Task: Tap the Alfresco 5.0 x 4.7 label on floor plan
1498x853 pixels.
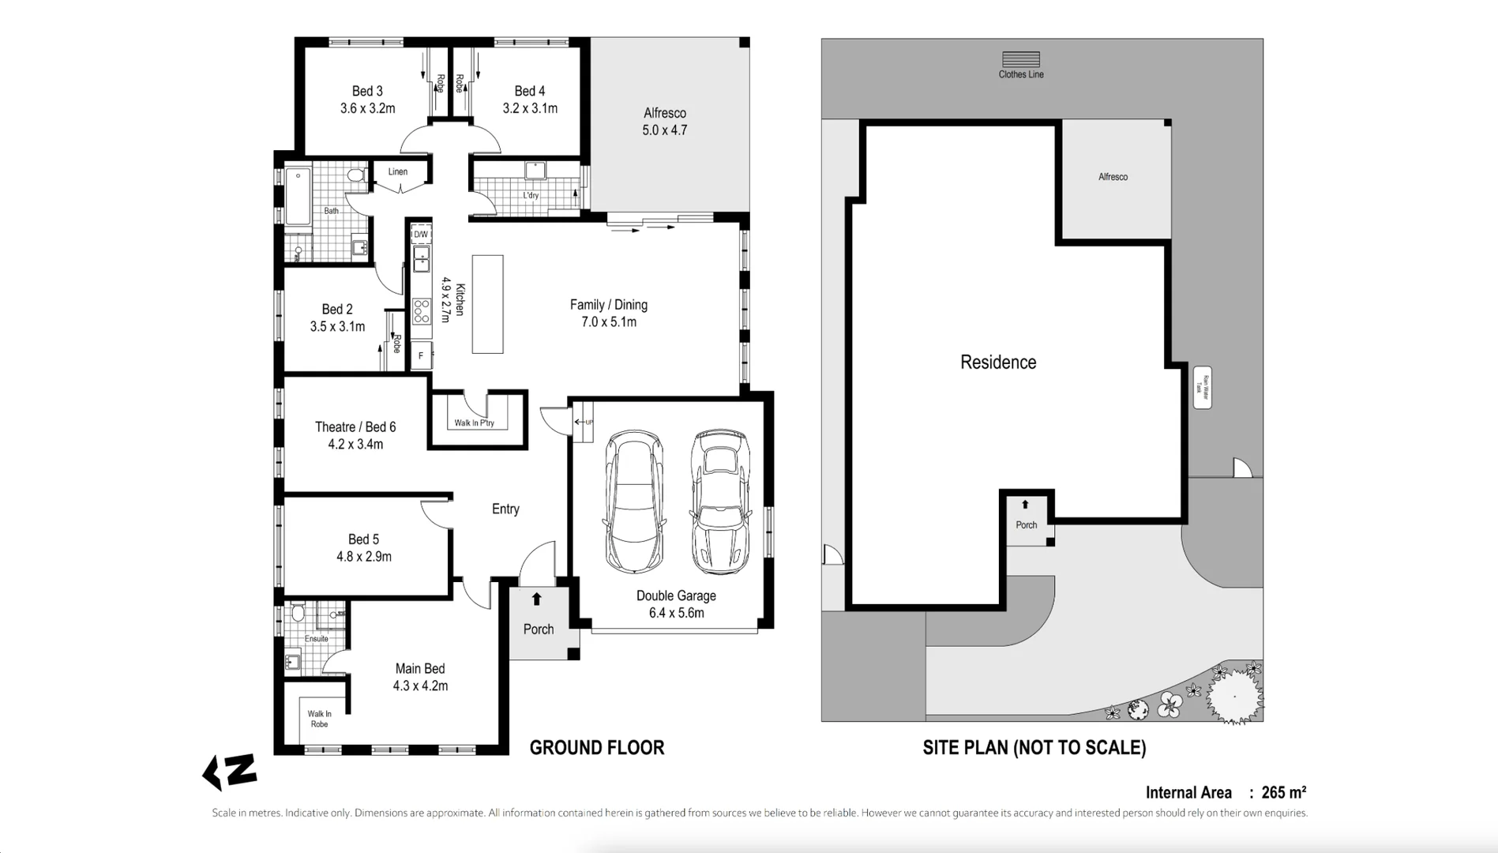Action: [664, 122]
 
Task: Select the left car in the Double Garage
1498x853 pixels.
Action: [634, 501]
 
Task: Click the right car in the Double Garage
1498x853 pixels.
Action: [719, 501]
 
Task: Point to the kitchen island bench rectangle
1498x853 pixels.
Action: [487, 304]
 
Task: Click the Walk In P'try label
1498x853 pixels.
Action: [474, 423]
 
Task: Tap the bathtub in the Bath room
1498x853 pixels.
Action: [298, 195]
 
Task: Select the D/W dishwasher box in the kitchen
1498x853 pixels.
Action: [421, 235]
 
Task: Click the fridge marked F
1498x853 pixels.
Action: [421, 356]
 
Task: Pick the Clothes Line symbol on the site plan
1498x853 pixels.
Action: [1020, 60]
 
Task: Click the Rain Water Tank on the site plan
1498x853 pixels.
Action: [1201, 387]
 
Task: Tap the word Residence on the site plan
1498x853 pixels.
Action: [997, 363]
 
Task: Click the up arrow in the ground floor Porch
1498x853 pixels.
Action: [536, 599]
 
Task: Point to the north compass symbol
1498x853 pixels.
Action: [230, 772]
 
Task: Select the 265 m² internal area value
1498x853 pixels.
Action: [1283, 792]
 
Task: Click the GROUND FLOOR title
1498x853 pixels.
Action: [596, 748]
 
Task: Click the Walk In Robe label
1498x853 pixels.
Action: [319, 719]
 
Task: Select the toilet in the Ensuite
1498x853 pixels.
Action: [298, 613]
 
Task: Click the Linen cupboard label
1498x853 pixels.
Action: [397, 171]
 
